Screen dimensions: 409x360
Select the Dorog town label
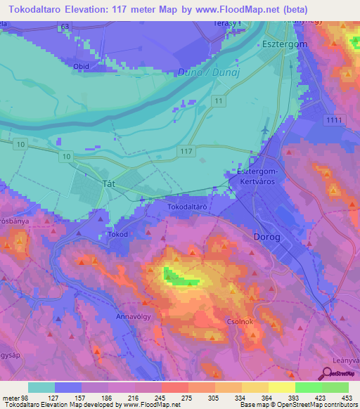266,237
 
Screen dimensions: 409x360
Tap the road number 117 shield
186,151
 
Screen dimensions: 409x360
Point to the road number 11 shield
219,103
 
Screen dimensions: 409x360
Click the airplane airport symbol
264,131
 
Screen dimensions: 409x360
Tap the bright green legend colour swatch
308,387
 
